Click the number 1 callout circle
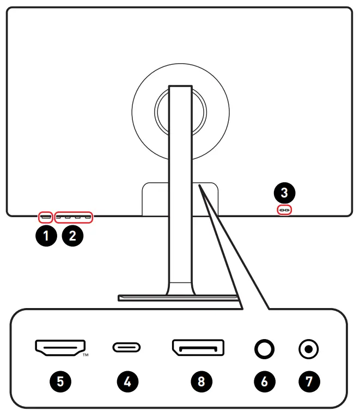46,236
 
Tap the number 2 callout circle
73,236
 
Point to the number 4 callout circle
127,381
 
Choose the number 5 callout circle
60,381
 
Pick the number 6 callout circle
265,381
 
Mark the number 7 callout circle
309,381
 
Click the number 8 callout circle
201,381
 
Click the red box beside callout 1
46,217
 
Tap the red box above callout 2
74,217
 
